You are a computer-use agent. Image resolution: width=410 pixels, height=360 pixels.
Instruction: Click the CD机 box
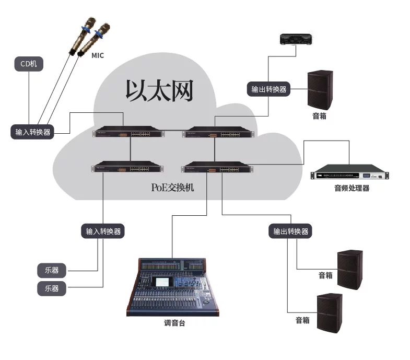29,64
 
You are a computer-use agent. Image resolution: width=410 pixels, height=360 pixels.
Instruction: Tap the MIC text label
98,55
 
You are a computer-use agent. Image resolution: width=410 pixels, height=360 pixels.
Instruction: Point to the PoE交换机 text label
172,187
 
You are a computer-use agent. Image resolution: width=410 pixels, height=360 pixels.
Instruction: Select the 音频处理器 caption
352,188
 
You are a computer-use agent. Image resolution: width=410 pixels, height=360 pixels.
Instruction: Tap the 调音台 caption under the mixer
174,323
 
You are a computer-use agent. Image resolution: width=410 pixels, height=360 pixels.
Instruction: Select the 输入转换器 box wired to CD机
33,132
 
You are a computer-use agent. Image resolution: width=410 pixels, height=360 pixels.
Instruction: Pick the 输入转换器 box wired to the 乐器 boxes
103,231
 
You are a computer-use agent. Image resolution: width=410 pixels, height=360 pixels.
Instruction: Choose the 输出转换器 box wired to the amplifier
268,89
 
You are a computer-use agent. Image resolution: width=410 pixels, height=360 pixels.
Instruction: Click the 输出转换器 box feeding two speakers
291,231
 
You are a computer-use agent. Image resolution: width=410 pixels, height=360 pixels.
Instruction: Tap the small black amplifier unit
296,39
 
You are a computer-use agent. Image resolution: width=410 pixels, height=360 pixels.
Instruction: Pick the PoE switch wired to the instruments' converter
126,168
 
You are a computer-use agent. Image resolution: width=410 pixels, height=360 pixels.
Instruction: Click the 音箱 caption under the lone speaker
319,116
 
